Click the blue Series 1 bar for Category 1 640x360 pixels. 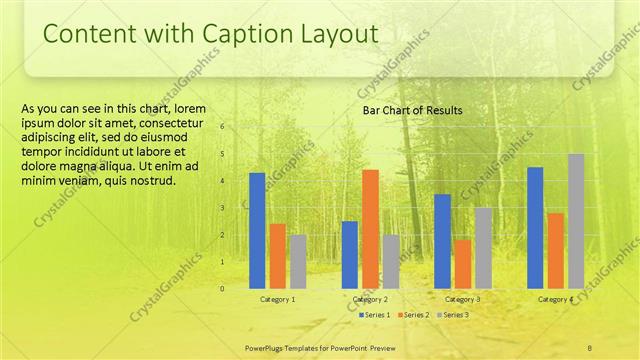258,230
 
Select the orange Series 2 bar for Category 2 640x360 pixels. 370,229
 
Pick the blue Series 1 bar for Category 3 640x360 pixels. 442,241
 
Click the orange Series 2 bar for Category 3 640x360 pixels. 462,263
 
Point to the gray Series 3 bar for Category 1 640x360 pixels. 298,261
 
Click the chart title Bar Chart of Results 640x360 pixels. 412,111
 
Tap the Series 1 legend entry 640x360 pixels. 373,315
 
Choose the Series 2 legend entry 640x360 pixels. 413,315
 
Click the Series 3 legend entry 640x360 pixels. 452,315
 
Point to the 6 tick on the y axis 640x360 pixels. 222,126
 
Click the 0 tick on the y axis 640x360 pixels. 222,288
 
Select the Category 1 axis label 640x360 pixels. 277,299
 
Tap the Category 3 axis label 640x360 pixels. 462,299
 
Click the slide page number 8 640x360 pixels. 590,346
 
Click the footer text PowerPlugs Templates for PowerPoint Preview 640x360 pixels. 317,346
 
